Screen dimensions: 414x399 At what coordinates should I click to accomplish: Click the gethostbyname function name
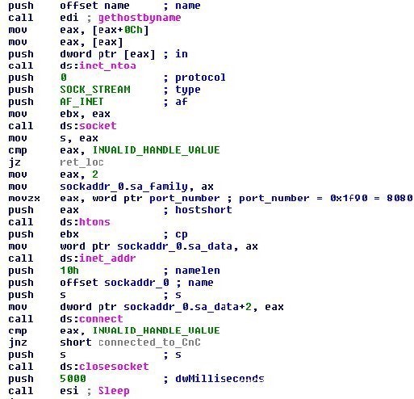coord(140,18)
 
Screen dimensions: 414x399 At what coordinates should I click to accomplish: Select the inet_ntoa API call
coord(107,65)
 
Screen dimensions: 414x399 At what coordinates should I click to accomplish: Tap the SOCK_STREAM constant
coord(95,90)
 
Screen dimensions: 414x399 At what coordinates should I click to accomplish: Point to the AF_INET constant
coord(82,102)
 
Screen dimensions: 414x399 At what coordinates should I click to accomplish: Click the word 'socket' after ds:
coord(98,126)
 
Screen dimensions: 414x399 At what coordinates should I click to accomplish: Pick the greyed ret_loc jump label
coord(82,162)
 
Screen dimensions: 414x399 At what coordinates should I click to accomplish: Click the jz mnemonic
coord(15,162)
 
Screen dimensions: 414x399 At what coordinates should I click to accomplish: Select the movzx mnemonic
coord(24,199)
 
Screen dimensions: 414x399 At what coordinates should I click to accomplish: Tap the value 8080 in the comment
coord(399,198)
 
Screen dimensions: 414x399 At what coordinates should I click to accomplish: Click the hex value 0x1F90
coord(349,198)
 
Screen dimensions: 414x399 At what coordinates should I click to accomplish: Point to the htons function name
coord(94,222)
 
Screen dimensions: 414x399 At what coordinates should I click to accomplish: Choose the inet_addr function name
coord(107,258)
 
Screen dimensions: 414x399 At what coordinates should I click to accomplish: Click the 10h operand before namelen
coord(69,271)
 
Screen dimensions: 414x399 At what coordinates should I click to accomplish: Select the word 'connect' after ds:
coord(101,319)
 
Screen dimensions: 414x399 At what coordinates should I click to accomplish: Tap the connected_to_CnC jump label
coord(149,342)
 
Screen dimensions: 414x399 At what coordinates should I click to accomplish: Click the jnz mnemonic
coord(18,342)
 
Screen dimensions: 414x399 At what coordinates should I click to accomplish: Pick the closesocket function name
coord(114,367)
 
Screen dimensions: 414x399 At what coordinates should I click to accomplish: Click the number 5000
coord(73,379)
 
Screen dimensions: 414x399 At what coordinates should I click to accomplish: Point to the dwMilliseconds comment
coord(220,379)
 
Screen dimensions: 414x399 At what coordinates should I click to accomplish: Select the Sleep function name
coord(114,391)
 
